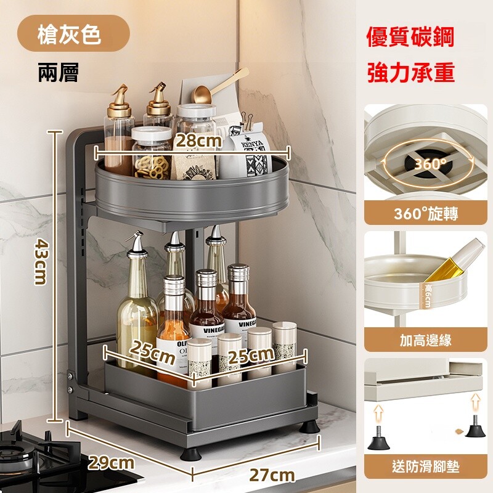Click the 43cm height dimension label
point(41,261)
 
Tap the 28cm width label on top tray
point(198,141)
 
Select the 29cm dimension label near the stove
point(111,463)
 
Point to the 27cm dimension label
point(272,475)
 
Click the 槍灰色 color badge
point(73,33)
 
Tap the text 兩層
point(59,73)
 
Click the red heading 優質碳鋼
point(410,37)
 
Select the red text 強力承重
point(410,72)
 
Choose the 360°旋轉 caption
point(426,214)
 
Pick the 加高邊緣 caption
point(426,340)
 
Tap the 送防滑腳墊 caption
point(426,467)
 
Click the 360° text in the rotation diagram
point(430,164)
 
